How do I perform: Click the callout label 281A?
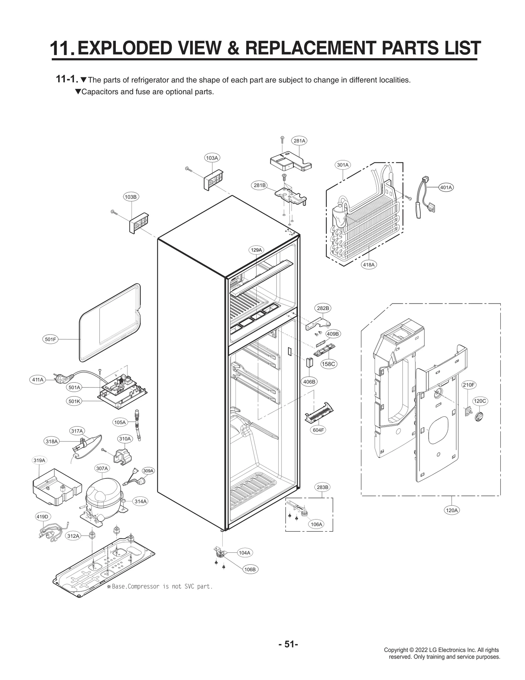299,141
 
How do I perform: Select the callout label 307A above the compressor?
102,468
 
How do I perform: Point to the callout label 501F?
51,340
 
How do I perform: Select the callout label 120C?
480,401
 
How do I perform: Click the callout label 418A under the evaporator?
369,264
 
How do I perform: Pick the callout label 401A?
446,187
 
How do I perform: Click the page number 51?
288,644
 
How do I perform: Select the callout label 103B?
131,197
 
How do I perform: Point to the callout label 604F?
318,430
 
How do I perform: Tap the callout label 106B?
250,569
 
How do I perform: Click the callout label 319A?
39,460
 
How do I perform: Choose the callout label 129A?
256,250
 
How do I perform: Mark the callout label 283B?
323,487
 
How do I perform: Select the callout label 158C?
328,364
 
